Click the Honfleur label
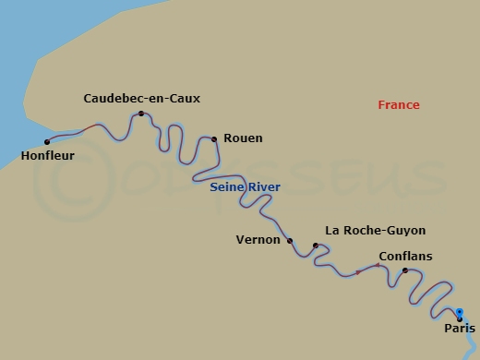coord(47,156)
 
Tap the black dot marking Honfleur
coord(47,141)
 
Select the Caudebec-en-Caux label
coord(141,98)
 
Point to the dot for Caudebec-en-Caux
coord(141,114)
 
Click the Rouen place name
coord(243,138)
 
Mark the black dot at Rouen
coord(214,139)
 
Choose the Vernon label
coord(258,240)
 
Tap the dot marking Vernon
coord(290,241)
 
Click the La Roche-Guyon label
coord(376,231)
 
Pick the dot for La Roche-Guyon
coord(316,246)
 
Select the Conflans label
coord(405,256)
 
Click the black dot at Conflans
coord(405,270)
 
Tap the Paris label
coord(460,328)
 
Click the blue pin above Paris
coord(459,312)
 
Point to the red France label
coord(399,105)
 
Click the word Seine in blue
coord(227,187)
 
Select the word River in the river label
coord(264,187)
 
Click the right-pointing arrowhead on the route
coord(358,272)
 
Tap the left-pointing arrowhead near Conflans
coord(377,266)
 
